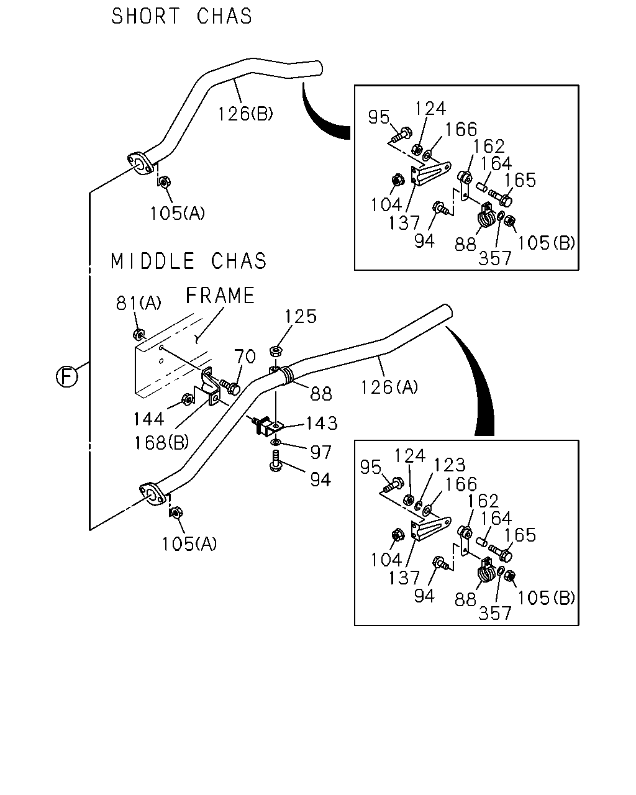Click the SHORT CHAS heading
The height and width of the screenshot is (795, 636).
[181, 16]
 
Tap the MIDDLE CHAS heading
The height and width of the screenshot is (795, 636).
[188, 261]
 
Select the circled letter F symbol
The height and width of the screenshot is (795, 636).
[67, 377]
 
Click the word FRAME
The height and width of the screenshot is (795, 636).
[220, 296]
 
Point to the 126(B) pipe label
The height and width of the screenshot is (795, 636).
[245, 114]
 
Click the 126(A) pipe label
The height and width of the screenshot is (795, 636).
[389, 387]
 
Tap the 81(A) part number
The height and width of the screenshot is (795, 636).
[139, 303]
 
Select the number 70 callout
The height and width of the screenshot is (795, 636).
[245, 357]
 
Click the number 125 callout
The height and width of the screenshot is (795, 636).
[301, 317]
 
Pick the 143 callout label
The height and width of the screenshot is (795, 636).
[322, 424]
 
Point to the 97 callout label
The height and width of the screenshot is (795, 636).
[320, 452]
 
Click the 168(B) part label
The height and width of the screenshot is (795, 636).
[161, 443]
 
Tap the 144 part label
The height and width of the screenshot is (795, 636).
[148, 419]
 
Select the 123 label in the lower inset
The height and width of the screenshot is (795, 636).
[450, 465]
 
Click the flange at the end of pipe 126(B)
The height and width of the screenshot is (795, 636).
[140, 163]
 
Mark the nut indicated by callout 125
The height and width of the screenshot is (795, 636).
[276, 350]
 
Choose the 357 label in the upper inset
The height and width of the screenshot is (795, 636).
[494, 258]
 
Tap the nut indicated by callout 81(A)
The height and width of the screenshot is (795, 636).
[139, 334]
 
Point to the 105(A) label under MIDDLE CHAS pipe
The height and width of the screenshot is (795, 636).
[189, 544]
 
